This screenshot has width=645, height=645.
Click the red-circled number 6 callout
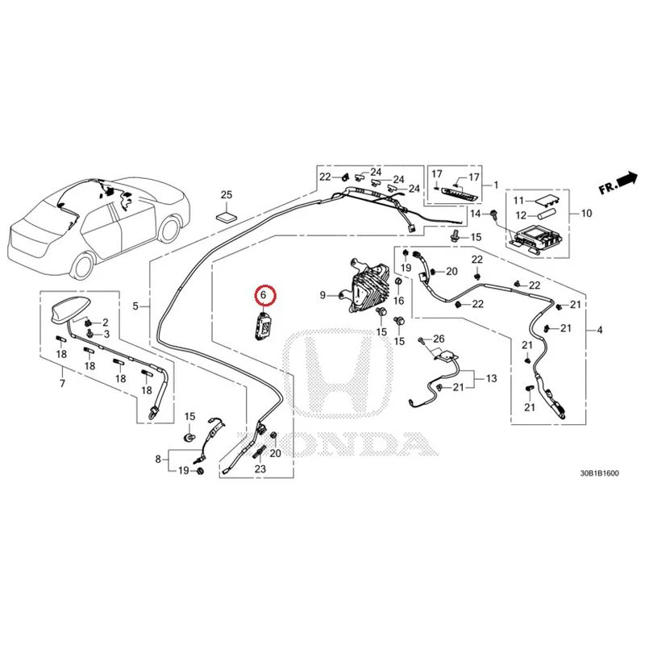[x=264, y=295]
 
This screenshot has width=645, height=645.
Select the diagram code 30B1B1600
[x=599, y=473]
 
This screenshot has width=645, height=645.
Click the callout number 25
[x=227, y=194]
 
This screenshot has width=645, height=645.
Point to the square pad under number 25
[x=227, y=217]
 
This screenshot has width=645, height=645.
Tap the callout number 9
[x=323, y=295]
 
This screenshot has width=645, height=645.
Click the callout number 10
[x=586, y=214]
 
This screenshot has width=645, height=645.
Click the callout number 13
[x=491, y=378]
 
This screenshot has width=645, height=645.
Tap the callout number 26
[x=439, y=339]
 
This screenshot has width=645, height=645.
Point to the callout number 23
[x=260, y=468]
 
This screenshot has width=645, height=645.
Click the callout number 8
[x=158, y=459]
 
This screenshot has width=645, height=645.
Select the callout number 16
[x=398, y=301]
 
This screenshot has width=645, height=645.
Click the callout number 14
[x=475, y=214]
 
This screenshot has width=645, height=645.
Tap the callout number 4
[x=600, y=330]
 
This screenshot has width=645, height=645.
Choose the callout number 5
[x=135, y=306]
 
